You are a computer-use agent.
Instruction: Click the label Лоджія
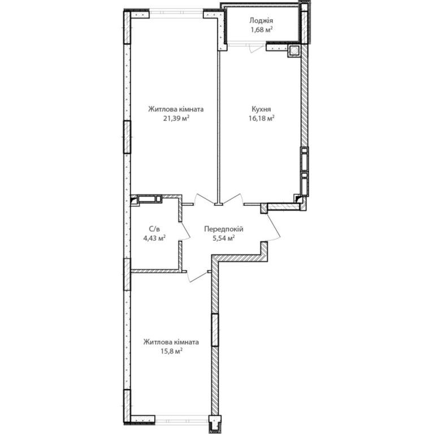point(261,21)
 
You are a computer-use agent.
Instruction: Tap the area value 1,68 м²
point(262,29)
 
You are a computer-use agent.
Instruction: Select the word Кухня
point(261,109)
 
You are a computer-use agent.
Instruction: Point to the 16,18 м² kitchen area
point(262,119)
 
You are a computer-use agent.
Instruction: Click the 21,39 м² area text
point(176,119)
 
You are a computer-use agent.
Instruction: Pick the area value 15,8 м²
point(171,351)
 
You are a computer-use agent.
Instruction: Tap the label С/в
point(154,229)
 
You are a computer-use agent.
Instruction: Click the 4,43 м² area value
point(154,238)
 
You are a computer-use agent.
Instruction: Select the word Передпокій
point(224,229)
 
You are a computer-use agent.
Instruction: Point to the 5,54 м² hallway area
point(224,238)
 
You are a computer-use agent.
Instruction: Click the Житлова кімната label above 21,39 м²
point(176,109)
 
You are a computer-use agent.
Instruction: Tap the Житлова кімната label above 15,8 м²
point(171,342)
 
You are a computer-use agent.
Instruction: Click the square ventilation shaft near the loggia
point(294,51)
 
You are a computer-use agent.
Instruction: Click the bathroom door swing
point(185,231)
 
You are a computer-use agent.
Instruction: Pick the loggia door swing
point(257,49)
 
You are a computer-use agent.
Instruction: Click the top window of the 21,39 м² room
point(176,14)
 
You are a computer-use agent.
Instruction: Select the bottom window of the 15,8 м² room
point(181,419)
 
